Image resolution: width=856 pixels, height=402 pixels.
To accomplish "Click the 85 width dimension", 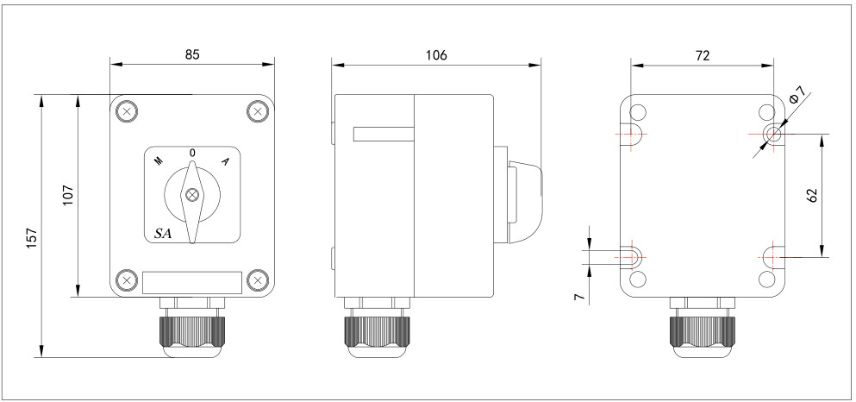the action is click(x=192, y=54).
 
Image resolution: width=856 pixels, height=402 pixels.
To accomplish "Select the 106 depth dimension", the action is click(x=436, y=55).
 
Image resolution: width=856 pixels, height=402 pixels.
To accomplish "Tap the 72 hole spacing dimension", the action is click(x=703, y=55).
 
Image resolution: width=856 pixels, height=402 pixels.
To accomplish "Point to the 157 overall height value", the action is click(x=32, y=238).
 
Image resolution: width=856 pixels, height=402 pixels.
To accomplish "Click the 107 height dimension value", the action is click(x=68, y=195).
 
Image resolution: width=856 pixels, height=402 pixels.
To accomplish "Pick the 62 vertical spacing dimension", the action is click(x=812, y=196).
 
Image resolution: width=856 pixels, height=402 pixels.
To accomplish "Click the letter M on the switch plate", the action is click(x=159, y=160).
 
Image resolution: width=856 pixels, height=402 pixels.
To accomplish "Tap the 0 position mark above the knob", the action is click(x=192, y=154).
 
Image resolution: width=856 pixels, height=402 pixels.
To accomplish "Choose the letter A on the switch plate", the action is click(x=225, y=160).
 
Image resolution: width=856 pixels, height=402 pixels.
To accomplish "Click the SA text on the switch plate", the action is click(x=163, y=233).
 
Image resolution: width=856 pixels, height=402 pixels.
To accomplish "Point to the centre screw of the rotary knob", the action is click(x=192, y=195).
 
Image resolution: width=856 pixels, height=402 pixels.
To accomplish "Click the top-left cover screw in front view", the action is click(x=127, y=112).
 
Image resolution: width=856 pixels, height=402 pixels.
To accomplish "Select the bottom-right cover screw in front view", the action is click(x=258, y=280).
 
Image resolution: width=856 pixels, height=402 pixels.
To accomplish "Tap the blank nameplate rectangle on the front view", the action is click(x=192, y=282).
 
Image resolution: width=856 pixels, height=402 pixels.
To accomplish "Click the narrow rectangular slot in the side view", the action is click(x=384, y=134).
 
